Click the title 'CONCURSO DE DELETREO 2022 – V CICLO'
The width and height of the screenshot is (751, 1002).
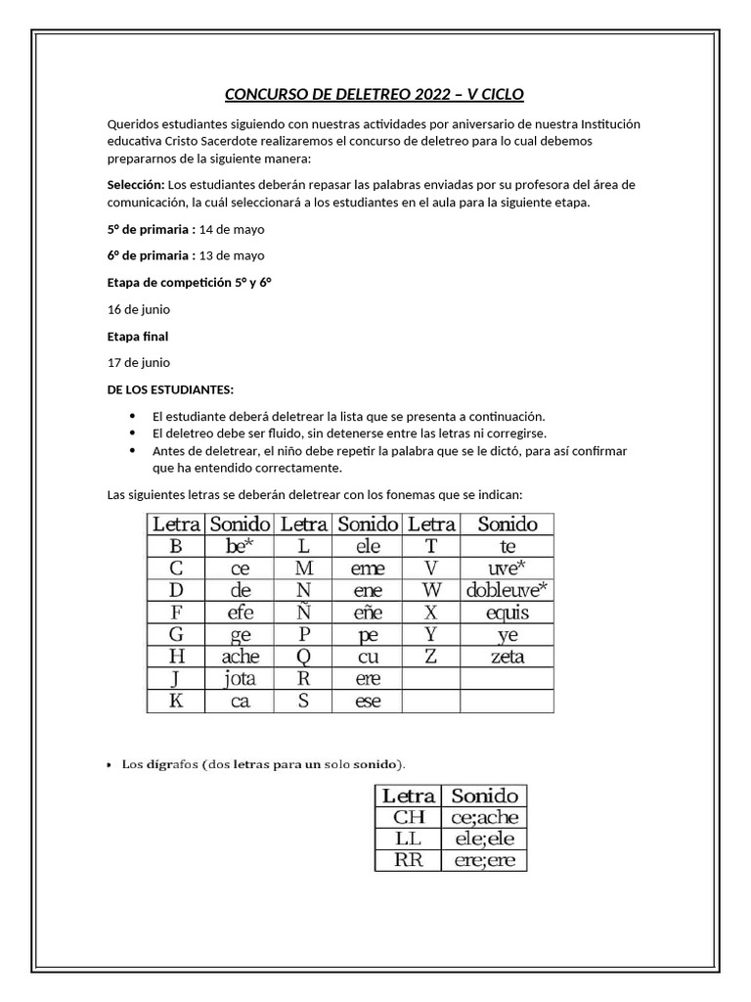[x=375, y=94]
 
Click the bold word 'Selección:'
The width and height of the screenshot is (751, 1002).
[x=136, y=185]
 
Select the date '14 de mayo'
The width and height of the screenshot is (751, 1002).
[x=232, y=229]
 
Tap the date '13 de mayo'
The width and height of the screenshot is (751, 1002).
[x=232, y=255]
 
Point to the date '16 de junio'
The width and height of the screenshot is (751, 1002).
[x=139, y=309]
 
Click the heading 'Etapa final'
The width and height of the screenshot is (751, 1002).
[x=138, y=336]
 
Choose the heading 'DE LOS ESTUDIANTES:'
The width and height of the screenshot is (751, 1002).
[x=170, y=389]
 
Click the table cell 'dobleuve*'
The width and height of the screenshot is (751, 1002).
[x=507, y=589]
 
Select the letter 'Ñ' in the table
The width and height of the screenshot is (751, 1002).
[x=303, y=613]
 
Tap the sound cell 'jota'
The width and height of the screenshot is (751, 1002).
[x=240, y=679]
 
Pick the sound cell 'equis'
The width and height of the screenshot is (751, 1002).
[x=507, y=613]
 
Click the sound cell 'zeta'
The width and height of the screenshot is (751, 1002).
[x=507, y=657]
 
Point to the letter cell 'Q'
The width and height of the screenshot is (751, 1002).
[x=303, y=657]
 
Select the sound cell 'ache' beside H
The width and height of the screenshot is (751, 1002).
[x=240, y=657]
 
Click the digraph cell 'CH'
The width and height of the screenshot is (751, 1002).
[x=410, y=817]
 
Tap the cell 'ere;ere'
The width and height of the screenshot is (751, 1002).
[x=484, y=861]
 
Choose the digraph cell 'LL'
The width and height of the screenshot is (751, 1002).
[x=410, y=840]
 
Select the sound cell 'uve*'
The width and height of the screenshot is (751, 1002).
[x=507, y=568]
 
